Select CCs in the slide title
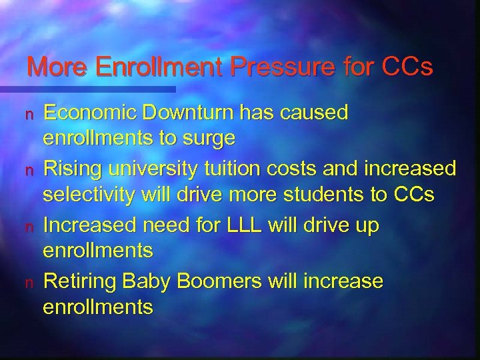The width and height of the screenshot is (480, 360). coord(407,67)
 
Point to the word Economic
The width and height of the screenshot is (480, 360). coord(85,114)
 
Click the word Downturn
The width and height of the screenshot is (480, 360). coord(186,114)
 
